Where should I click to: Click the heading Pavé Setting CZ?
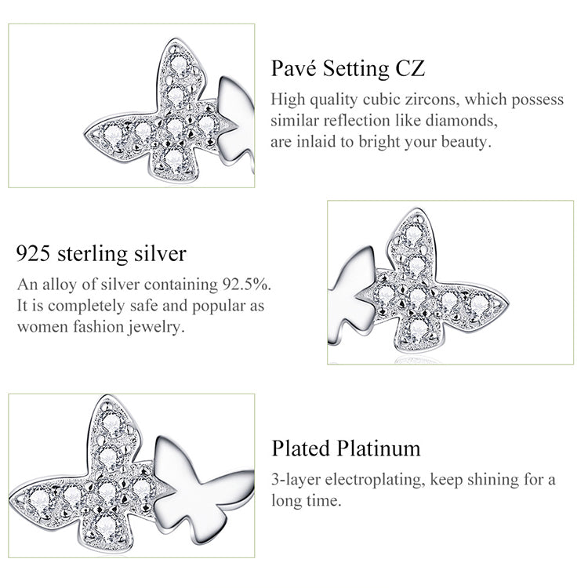348,68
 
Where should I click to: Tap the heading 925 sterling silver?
102,254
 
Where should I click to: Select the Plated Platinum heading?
347,448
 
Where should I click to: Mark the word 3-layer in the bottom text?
292,479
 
